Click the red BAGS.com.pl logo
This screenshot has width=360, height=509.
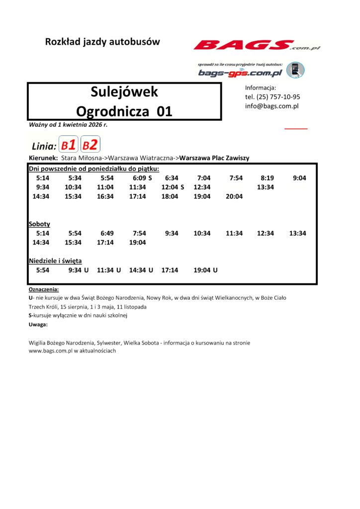[257, 46]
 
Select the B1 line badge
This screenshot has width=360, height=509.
[69, 145]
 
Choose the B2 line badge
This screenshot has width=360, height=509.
[90, 145]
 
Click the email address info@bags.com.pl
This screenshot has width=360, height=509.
[271, 106]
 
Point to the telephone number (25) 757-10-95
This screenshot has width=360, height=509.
[278, 97]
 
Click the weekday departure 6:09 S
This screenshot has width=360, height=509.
[142, 178]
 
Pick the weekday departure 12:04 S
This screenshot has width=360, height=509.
[173, 187]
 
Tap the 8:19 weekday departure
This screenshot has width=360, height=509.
[267, 178]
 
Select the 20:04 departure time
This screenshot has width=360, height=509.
[234, 196]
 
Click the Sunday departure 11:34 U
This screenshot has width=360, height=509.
[109, 270]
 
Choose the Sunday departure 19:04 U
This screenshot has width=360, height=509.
[205, 270]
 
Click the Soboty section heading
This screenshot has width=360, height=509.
[39, 224]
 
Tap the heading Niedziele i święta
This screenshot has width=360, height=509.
[55, 260]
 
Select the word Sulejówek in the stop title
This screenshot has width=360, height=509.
[124, 92]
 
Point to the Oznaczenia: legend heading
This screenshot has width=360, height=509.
[44, 289]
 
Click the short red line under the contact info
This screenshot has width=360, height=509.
[296, 128]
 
